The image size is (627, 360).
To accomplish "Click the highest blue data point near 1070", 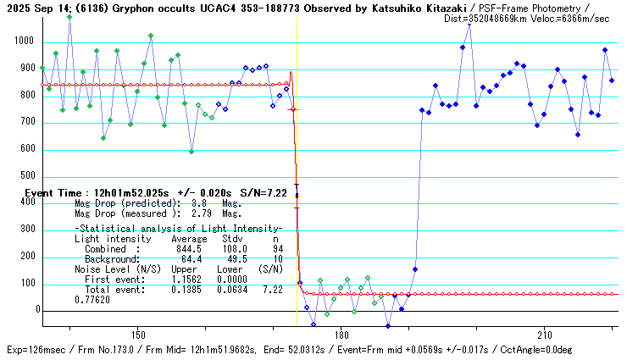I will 469,25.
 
